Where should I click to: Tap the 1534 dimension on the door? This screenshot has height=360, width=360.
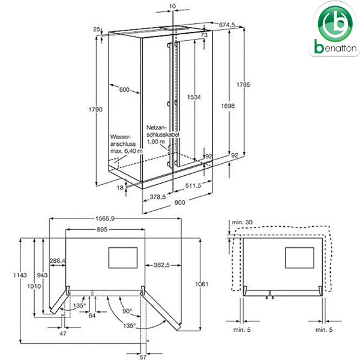[193, 97]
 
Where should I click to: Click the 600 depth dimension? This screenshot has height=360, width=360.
[124, 90]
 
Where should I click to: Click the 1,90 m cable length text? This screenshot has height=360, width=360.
[157, 142]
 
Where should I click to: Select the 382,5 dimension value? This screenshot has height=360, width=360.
[159, 265]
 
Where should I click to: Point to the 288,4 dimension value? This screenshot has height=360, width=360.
[58, 261]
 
